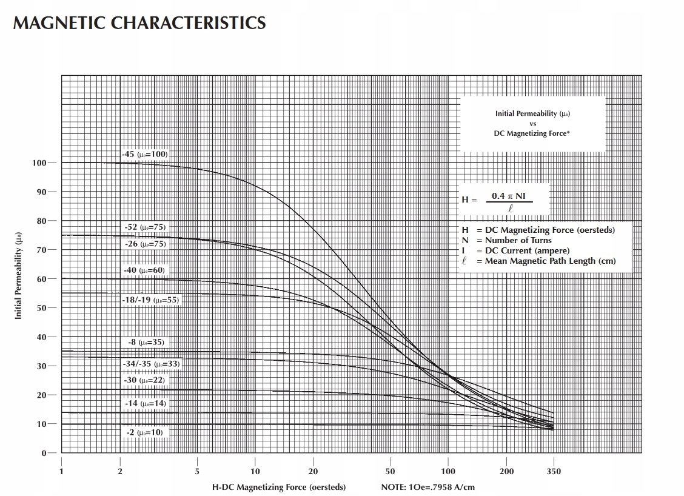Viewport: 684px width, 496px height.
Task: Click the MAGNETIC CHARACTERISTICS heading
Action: tap(139, 23)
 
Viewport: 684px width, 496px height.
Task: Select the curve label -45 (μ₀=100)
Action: tap(144, 154)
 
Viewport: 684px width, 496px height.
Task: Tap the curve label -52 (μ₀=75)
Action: tap(144, 227)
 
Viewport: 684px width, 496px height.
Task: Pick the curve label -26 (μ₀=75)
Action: tap(144, 244)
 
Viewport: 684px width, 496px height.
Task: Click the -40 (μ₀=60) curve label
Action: tap(144, 270)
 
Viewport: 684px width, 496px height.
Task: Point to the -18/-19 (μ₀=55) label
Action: tap(150, 300)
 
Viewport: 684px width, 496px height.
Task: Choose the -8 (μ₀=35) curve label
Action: tap(146, 343)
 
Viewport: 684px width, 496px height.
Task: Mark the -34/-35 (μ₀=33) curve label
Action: tap(150, 364)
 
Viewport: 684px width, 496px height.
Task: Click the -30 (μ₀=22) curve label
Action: tap(144, 380)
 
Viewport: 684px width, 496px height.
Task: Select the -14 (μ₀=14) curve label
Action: tap(144, 403)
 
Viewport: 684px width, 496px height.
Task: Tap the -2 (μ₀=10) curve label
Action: tap(144, 432)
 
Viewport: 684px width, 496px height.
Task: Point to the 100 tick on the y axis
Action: tap(39, 163)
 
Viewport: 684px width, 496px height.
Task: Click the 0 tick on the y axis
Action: tap(44, 453)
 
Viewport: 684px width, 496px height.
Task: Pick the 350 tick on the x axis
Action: tap(554, 472)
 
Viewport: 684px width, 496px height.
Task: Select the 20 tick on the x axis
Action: tap(313, 472)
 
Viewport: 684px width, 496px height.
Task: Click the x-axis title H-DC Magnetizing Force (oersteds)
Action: tap(279, 487)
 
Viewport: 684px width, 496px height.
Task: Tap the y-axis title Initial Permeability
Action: tap(18, 276)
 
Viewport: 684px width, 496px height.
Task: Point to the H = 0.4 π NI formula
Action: tap(503, 199)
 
